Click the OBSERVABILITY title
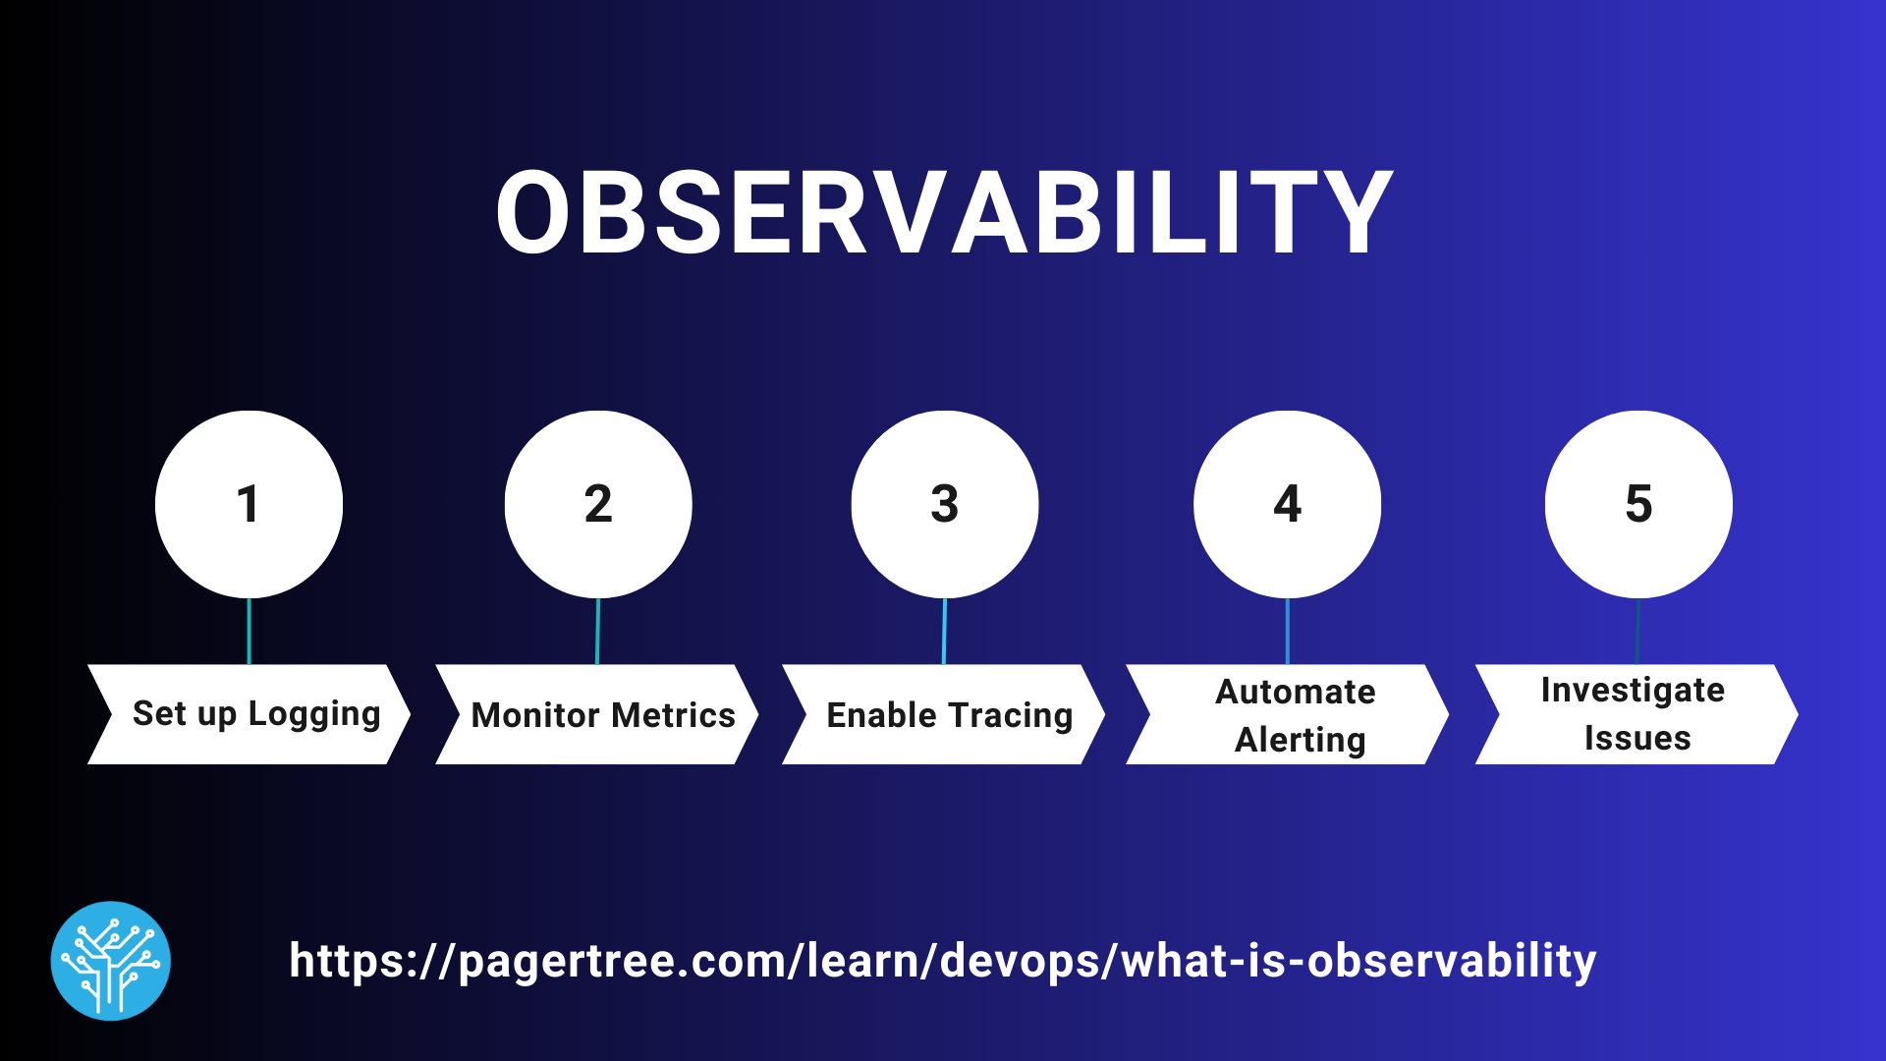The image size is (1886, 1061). [x=943, y=212]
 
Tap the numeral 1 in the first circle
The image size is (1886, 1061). [x=248, y=504]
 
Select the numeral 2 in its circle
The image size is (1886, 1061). [x=598, y=504]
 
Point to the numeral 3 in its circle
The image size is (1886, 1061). [x=944, y=504]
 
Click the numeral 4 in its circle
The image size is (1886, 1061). [x=1287, y=504]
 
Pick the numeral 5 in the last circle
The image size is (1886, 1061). [x=1638, y=504]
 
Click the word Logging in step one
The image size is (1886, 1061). [x=314, y=714]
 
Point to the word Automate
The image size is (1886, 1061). [x=1296, y=692]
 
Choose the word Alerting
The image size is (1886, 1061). [x=1300, y=740]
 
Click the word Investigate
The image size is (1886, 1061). [x=1633, y=690]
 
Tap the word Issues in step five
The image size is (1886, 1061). [x=1637, y=738]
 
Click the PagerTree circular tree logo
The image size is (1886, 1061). [x=111, y=961]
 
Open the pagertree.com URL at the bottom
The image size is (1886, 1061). [x=943, y=961]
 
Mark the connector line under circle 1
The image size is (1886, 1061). [x=249, y=631]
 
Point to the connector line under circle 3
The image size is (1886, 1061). [x=944, y=631]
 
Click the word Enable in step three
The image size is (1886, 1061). [x=881, y=715]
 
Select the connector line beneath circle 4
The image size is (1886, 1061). [x=1287, y=631]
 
